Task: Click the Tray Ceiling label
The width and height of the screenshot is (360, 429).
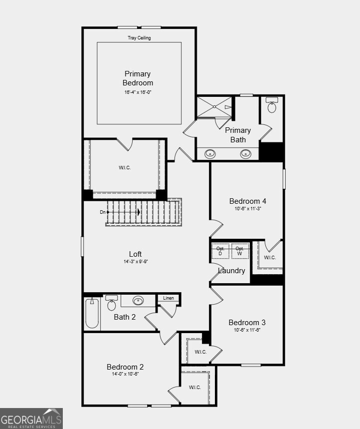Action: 139,38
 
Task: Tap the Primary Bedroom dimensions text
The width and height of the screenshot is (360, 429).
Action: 138,92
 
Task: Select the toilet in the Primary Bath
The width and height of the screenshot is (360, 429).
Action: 272,106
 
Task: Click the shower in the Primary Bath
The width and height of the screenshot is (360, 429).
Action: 214,107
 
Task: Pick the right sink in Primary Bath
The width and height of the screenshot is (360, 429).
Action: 246,154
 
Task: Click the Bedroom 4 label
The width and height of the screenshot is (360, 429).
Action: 247,201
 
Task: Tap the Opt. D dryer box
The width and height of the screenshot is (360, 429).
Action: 220,251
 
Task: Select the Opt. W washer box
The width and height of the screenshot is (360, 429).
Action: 240,251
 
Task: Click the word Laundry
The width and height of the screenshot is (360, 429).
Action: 231,271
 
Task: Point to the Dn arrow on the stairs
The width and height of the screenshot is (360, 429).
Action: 122,212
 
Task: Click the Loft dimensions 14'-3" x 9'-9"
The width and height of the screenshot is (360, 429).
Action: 135,262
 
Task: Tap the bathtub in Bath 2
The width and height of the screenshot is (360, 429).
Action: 92,313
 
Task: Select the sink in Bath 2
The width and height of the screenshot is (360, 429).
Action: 138,301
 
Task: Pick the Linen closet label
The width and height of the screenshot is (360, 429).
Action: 169,298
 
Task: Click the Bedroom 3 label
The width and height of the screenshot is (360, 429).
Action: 247,322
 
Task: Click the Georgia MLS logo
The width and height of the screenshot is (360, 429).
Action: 31,419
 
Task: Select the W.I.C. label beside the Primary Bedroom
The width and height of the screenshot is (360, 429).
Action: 125,168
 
